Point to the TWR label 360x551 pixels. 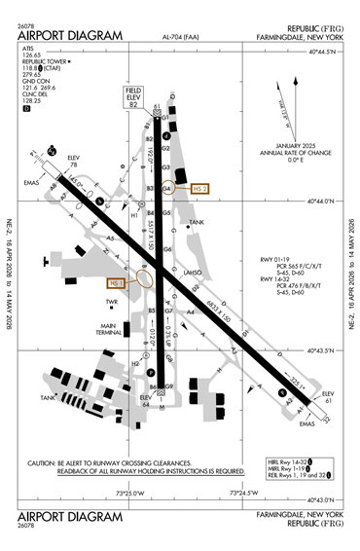[111, 304]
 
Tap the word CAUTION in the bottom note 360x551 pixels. [43, 462]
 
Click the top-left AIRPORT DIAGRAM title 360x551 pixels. [70, 36]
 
